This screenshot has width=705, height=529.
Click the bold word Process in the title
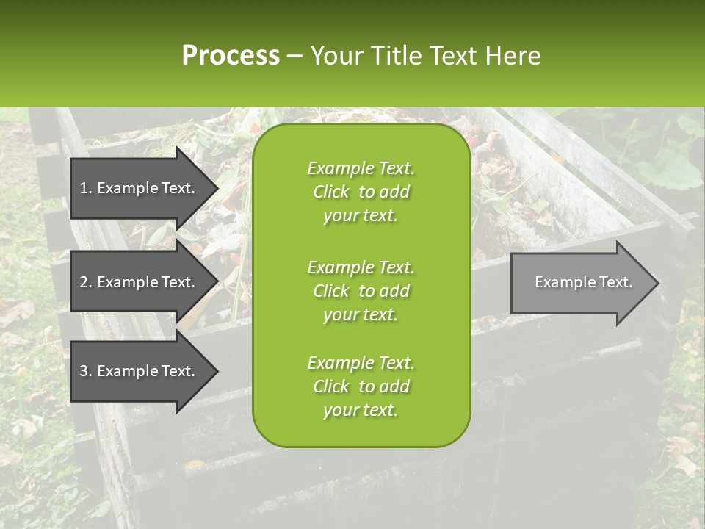click(x=231, y=55)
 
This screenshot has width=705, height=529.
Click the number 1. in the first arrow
click(x=86, y=188)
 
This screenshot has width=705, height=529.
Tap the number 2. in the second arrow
click(x=86, y=282)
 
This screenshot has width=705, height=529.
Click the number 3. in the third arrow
click(x=86, y=371)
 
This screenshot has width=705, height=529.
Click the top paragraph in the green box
click(x=361, y=192)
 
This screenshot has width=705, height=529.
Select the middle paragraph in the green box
click(x=361, y=291)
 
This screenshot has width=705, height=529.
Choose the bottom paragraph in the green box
click(x=361, y=386)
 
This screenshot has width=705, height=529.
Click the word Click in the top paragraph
click(x=331, y=192)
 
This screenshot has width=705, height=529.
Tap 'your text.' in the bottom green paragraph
click(x=361, y=410)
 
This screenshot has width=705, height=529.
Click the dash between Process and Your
click(x=295, y=56)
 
